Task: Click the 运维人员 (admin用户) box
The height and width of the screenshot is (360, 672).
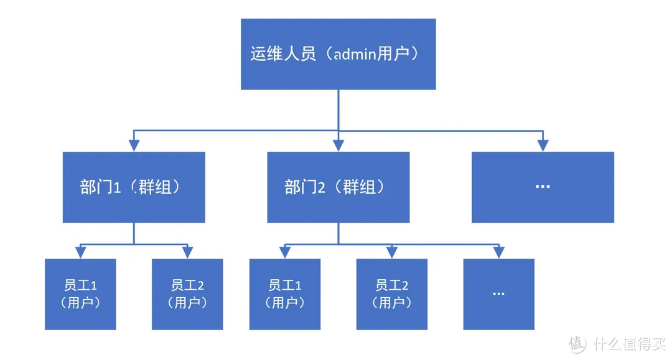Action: [338, 54]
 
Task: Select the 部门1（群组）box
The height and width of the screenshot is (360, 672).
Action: [134, 187]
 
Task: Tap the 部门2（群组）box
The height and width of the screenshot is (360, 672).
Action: [338, 187]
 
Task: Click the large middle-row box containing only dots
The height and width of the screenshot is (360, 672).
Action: [543, 187]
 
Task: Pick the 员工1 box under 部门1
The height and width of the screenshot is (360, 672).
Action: [80, 294]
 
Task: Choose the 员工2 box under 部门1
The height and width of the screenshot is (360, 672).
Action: [187, 294]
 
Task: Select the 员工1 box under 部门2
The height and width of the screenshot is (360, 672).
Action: [284, 294]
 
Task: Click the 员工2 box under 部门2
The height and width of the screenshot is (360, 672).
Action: [391, 294]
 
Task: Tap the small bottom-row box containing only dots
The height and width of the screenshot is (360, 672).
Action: [498, 294]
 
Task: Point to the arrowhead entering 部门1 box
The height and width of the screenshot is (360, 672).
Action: [134, 145]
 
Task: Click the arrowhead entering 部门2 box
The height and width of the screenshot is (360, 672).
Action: [338, 145]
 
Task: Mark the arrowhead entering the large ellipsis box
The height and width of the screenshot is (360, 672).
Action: [543, 145]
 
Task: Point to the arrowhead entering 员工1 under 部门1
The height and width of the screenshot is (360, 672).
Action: [80, 252]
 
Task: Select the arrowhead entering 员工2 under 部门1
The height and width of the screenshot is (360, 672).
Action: [187, 252]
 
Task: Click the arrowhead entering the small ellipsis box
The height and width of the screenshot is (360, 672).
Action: [498, 252]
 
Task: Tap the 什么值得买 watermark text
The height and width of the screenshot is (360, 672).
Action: [628, 344]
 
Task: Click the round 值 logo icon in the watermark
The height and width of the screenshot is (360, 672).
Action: [577, 344]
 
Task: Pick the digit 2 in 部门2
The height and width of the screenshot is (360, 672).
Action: [322, 188]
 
